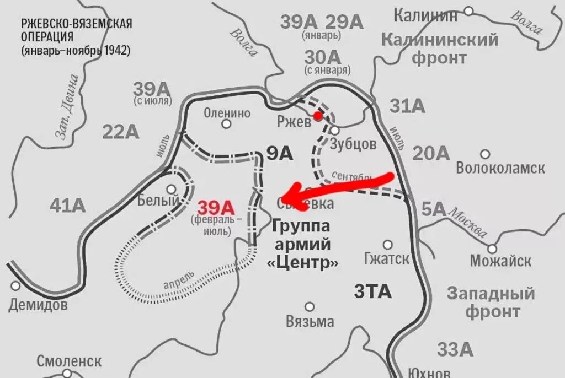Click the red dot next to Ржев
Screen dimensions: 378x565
[317, 116]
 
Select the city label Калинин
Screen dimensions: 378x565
[425, 15]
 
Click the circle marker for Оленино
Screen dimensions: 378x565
[226, 124]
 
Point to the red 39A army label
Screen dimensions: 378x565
[216, 208]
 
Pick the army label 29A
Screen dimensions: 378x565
[344, 22]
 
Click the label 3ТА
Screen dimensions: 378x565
[372, 291]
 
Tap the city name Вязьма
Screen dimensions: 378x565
[310, 321]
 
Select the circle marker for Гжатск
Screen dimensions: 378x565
[388, 244]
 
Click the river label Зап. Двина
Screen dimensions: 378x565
[66, 107]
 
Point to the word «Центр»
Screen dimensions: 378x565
[303, 262]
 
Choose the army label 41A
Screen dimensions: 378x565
[68, 206]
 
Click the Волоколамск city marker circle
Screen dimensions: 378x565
[485, 154]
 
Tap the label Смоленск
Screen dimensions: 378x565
[69, 361]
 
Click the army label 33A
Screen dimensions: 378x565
[455, 349]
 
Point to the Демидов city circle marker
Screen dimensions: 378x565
[15, 285]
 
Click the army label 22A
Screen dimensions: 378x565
[120, 131]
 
